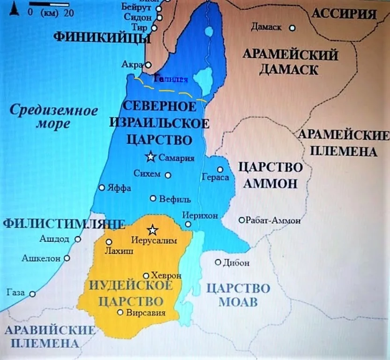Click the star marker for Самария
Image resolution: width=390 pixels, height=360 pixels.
point(150,157)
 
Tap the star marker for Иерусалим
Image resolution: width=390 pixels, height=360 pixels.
point(152,230)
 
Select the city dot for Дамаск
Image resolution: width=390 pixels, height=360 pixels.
point(292,28)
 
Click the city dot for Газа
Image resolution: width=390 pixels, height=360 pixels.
point(32,294)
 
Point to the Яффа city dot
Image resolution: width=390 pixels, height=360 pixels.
point(102,187)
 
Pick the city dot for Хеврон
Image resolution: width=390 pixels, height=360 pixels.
point(146,276)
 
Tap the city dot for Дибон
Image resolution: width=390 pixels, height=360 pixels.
point(218,262)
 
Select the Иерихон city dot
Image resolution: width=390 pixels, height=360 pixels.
point(188,224)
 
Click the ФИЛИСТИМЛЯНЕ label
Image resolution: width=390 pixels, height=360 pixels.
point(64,223)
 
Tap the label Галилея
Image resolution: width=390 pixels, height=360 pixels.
point(171,79)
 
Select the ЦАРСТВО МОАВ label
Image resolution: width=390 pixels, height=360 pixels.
point(238,294)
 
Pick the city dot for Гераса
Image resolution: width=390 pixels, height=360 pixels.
point(219,170)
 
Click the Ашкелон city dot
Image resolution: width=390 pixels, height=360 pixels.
point(67,258)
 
